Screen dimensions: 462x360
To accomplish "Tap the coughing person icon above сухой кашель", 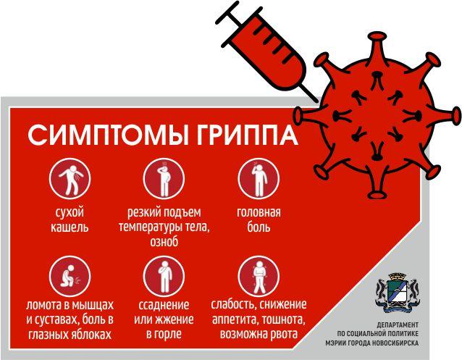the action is pyautogui.click(x=70, y=179).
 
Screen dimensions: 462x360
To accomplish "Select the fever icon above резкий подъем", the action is pyautogui.click(x=164, y=179).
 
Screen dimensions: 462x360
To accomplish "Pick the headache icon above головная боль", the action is pyautogui.click(x=259, y=179).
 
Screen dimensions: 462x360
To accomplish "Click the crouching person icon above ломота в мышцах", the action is pyautogui.click(x=70, y=277).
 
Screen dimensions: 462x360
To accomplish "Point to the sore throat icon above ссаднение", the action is pyautogui.click(x=164, y=277).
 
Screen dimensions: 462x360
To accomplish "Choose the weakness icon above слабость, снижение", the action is pyautogui.click(x=259, y=277).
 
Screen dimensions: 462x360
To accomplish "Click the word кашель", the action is pyautogui.click(x=70, y=227).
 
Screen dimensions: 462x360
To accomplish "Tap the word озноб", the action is pyautogui.click(x=164, y=242).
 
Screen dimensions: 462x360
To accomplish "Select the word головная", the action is pyautogui.click(x=259, y=212).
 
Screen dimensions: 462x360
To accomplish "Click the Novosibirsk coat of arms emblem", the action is pyautogui.click(x=398, y=293).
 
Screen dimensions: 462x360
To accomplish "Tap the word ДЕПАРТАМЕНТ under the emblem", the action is pyautogui.click(x=398, y=325).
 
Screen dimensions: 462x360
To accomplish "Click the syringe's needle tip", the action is pyautogui.click(x=317, y=101).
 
